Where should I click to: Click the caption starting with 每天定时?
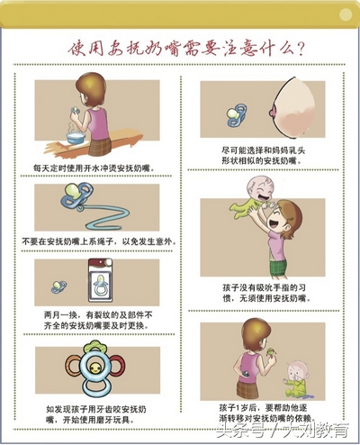tap(90, 168)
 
